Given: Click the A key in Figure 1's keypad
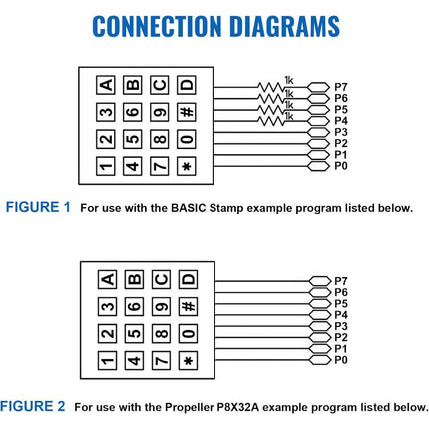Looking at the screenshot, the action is (x=106, y=85).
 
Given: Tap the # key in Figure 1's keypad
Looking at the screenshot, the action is (x=187, y=112).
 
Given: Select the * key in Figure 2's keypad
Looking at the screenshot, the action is (x=188, y=360).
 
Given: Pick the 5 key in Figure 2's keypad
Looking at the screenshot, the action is (x=134, y=333).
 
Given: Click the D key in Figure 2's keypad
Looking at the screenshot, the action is (x=188, y=279).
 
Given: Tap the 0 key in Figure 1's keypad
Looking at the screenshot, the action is (x=187, y=139).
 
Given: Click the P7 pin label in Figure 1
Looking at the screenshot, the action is (x=341, y=87).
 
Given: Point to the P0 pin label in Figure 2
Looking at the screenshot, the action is (x=341, y=360).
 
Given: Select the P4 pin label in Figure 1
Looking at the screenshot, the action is (x=341, y=121).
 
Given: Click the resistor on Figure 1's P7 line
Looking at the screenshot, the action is (x=271, y=87).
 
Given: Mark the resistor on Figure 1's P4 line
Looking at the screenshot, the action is (x=271, y=121).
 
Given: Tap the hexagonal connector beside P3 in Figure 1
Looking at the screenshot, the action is (x=318, y=132).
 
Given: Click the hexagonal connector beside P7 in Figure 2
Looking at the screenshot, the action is (x=320, y=281).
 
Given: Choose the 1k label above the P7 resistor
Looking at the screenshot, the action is (x=289, y=80).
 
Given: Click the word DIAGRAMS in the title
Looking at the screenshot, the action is (x=284, y=26).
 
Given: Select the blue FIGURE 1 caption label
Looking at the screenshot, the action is (x=38, y=207).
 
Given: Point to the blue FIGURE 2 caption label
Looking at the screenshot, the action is (x=32, y=406).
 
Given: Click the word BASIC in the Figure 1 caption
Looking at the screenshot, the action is (x=189, y=208).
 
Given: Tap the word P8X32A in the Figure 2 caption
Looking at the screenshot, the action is (x=237, y=407).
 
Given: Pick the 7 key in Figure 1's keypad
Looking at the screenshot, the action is (x=160, y=166).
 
